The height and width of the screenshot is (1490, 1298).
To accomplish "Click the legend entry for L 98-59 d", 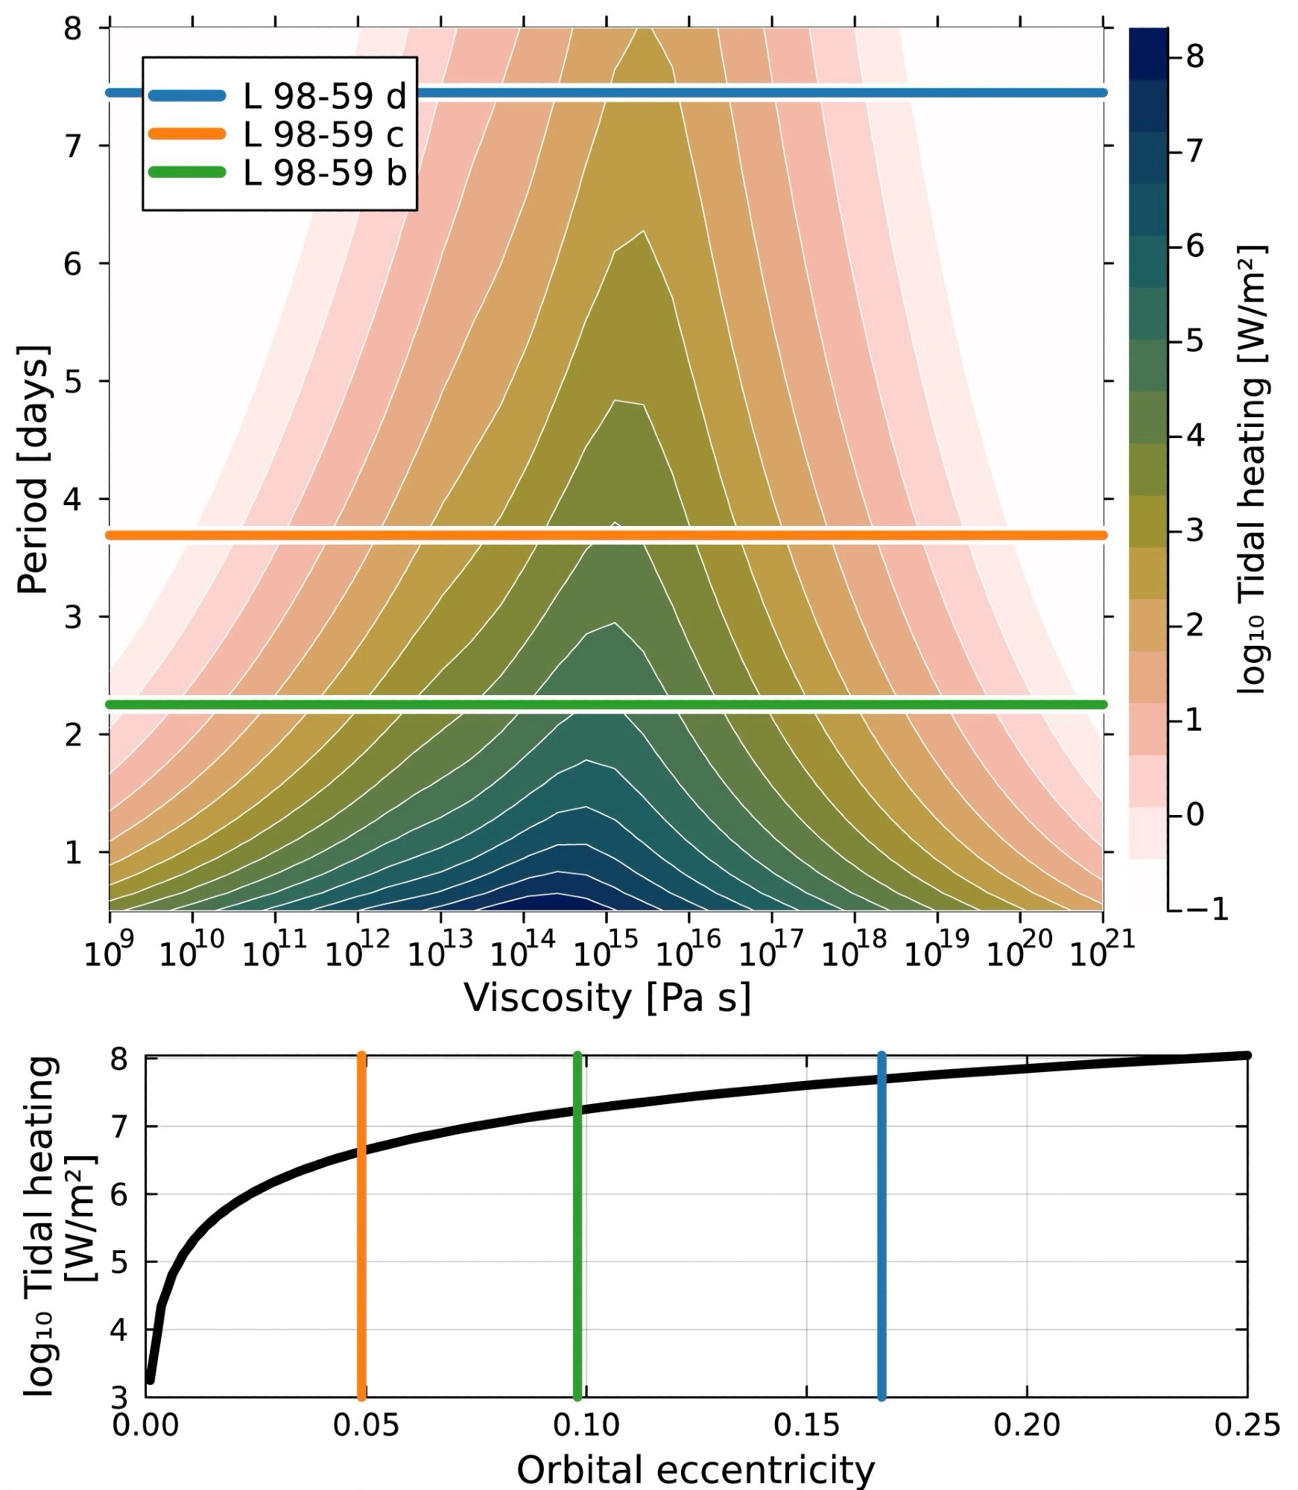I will [324, 95].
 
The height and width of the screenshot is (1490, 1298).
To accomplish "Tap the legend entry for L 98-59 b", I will [324, 173].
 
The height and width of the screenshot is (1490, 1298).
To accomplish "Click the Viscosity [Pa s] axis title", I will [607, 997].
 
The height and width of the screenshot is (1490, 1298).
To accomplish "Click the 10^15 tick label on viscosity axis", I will [605, 951].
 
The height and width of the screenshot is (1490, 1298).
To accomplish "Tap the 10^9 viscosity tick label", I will [109, 951].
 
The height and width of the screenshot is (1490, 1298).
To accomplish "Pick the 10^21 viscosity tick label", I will [1101, 951].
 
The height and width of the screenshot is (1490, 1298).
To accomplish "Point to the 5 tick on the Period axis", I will [73, 381].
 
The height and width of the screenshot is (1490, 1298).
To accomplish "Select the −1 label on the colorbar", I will [1206, 909].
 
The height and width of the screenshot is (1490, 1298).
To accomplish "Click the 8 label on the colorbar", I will [1194, 56].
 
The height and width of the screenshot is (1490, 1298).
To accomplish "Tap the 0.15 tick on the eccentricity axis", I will [806, 1424].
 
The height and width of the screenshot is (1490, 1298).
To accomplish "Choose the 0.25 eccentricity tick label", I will [1247, 1424].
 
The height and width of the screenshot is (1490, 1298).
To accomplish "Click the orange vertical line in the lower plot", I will [361, 1229].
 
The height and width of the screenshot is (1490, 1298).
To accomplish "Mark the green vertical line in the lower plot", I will [577, 1229].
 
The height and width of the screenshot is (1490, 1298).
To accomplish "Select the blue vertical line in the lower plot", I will [881, 1229].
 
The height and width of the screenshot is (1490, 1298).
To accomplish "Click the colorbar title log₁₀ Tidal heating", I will [1252, 469].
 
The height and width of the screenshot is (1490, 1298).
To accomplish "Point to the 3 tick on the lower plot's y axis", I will [119, 1397].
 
